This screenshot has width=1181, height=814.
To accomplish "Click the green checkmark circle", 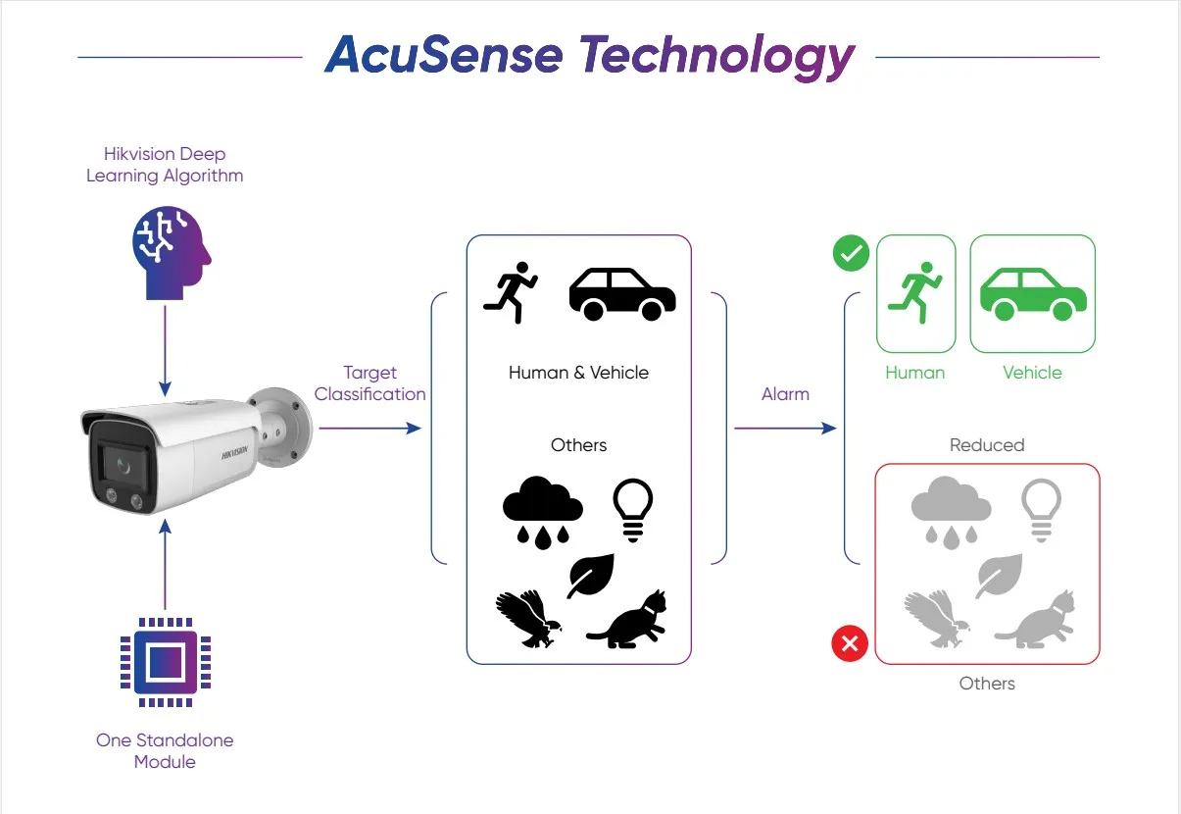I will click(x=850, y=254).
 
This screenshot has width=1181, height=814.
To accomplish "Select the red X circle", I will click(x=850, y=644).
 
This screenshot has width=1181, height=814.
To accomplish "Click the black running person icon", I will click(x=511, y=292).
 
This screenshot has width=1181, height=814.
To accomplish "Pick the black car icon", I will click(x=622, y=293).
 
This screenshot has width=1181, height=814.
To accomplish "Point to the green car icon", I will click(x=1033, y=293).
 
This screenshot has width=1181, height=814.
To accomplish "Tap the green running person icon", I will click(x=915, y=293).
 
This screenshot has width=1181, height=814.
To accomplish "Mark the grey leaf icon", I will click(x=999, y=576).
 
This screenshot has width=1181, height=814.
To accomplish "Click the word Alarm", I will click(x=785, y=394).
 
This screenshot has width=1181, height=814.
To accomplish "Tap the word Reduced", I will click(x=986, y=445).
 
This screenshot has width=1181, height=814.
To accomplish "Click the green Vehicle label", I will click(x=1032, y=373).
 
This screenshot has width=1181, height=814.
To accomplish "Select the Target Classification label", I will click(x=369, y=383).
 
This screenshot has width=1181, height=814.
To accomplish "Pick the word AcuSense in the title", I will click(x=444, y=55).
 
